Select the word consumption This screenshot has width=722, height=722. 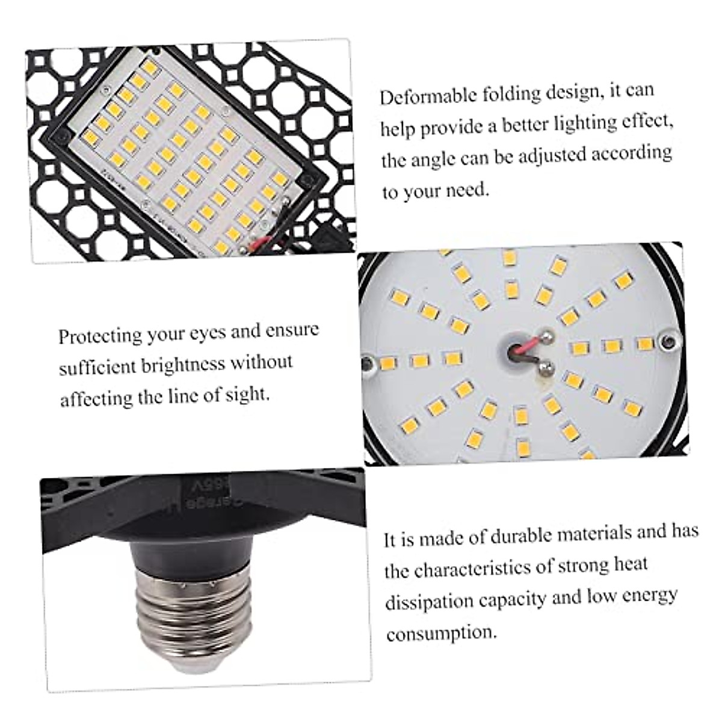[x=442, y=633]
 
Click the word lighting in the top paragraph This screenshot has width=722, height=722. [x=571, y=124]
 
